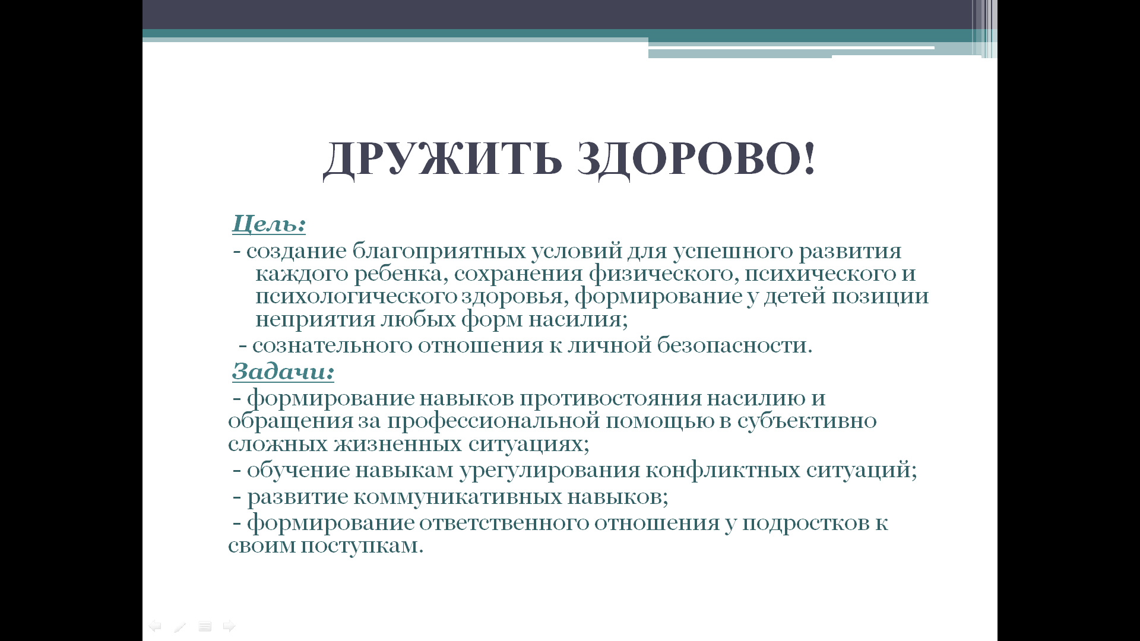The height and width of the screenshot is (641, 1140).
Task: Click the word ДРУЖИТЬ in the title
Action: pyautogui.click(x=442, y=160)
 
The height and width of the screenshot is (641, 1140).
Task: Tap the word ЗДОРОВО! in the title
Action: pyautogui.click(x=696, y=159)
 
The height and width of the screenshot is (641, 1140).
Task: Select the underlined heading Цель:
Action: pyautogui.click(x=269, y=224)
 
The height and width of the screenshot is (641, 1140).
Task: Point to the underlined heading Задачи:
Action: pyautogui.click(x=283, y=372)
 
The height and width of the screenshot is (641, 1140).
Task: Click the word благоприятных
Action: pyautogui.click(x=439, y=252)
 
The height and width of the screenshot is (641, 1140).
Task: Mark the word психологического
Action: pyautogui.click(x=356, y=297)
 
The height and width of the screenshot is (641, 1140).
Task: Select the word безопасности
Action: pyautogui.click(x=734, y=345)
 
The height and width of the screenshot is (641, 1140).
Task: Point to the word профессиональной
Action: pyautogui.click(x=494, y=421)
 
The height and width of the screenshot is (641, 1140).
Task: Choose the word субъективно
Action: pyautogui.click(x=807, y=421)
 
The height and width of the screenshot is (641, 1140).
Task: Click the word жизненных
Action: pyautogui.click(x=398, y=444)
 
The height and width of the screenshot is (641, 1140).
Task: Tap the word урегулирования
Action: pyautogui.click(x=550, y=471)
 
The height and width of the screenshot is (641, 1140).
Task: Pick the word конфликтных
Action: pyautogui.click(x=723, y=470)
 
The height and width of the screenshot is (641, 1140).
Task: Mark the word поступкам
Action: pyautogui.click(x=362, y=546)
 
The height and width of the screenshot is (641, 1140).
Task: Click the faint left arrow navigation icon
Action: pyautogui.click(x=155, y=626)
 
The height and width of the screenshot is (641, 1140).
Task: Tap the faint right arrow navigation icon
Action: pyautogui.click(x=229, y=626)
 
